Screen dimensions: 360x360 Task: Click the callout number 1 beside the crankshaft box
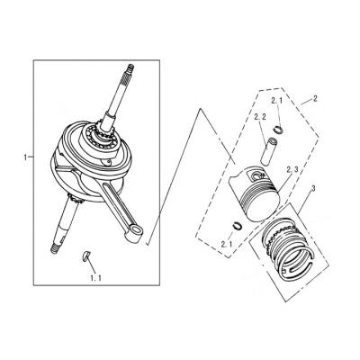point(25,157)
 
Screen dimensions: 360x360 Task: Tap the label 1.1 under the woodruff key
point(95,278)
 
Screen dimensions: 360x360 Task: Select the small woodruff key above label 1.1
point(85,256)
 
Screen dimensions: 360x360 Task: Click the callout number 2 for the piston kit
point(314,99)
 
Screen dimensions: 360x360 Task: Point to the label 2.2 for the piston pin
point(260,117)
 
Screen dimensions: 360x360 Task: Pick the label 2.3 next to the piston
point(292,170)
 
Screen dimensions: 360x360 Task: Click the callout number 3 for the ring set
point(313,189)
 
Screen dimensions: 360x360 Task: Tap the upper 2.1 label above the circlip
point(277,101)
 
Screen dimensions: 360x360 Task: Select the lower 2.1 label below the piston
point(227,245)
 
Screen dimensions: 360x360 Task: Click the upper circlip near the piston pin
point(279,130)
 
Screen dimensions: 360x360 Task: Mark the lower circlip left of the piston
point(238,225)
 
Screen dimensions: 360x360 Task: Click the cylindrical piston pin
point(268,151)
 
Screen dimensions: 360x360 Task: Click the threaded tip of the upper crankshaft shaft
point(130,69)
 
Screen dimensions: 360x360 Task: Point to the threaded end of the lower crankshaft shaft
point(55,249)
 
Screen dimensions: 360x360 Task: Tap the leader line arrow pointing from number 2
point(306,103)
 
